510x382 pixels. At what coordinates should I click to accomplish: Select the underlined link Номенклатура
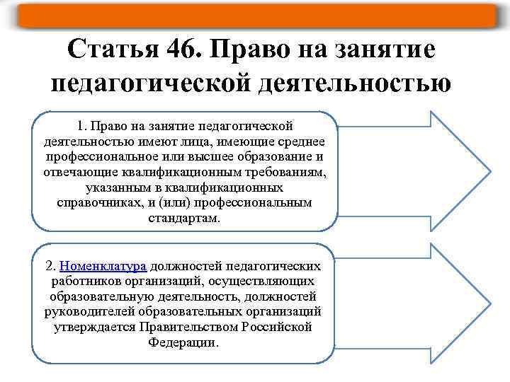pos(103,266)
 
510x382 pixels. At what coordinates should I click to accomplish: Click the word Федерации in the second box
pos(184,342)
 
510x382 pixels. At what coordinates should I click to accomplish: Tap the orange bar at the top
pos(255,14)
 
